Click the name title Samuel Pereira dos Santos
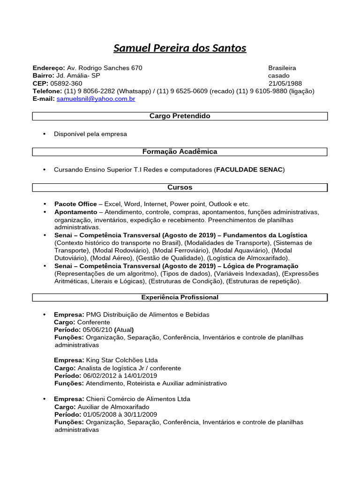pyautogui.click(x=180, y=48)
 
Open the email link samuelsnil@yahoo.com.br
pyautogui.click(x=96, y=99)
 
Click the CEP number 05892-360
pyautogui.click(x=66, y=83)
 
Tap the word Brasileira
pyautogui.click(x=282, y=68)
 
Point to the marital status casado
pyautogui.click(x=278, y=75)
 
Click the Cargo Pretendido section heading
pyautogui.click(x=180, y=116)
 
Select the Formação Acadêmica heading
pyautogui.click(x=180, y=151)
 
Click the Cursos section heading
pyautogui.click(x=180, y=187)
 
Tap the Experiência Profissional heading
pyautogui.click(x=180, y=297)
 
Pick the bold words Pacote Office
pyautogui.click(x=75, y=204)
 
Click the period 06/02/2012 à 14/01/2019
pyautogui.click(x=120, y=375)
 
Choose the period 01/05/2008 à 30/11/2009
pyautogui.click(x=120, y=414)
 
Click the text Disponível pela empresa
pyautogui.click(x=90, y=134)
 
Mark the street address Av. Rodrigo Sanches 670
pyautogui.click(x=105, y=68)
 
